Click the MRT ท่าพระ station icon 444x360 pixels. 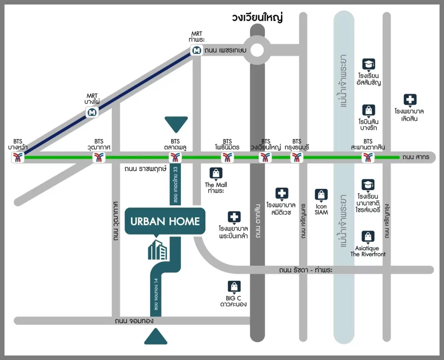pyautogui.click(x=197, y=50)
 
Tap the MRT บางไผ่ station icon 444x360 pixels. pyautogui.click(x=92, y=113)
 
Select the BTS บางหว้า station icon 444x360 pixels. pyautogui.click(x=18, y=158)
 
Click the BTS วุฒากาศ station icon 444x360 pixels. pyautogui.click(x=99, y=158)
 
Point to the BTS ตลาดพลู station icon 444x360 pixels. pyautogui.click(x=175, y=158)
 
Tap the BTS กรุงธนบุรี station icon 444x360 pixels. pyautogui.click(x=297, y=158)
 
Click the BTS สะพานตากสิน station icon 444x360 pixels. pyautogui.click(x=368, y=158)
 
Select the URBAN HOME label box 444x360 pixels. pyautogui.click(x=165, y=221)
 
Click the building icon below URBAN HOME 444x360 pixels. pyautogui.click(x=158, y=250)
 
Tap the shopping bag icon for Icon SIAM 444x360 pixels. pyautogui.click(x=321, y=195)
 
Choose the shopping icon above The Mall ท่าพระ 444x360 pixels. pyautogui.click(x=216, y=173)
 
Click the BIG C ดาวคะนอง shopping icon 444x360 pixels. pyautogui.click(x=234, y=286)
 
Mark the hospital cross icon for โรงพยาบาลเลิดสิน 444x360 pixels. pyautogui.click(x=410, y=100)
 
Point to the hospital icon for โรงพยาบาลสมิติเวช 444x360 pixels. pyautogui.click(x=282, y=193)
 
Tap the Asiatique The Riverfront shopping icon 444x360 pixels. pyautogui.click(x=368, y=237)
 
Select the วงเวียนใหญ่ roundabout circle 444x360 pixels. pyautogui.click(x=258, y=50)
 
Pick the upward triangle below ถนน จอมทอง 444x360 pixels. pyautogui.click(x=156, y=337)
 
